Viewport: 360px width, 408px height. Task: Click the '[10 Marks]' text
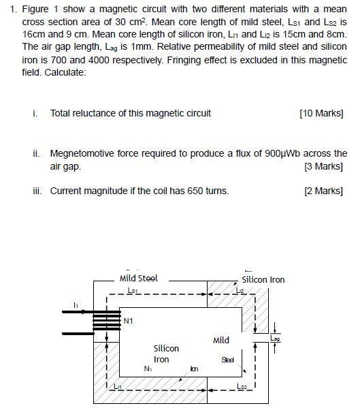coord(321,113)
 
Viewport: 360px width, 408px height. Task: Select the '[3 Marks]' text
coord(325,166)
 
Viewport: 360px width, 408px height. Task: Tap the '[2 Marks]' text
coord(325,191)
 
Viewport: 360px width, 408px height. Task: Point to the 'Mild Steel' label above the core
coord(138,278)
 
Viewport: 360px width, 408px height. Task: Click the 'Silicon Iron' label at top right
coord(263,279)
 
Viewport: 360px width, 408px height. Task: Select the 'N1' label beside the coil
coord(128,320)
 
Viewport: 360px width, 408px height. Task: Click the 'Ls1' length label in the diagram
coord(133,290)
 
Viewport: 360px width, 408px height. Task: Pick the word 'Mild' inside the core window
coord(221,340)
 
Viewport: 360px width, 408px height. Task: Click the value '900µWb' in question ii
coord(286,154)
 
